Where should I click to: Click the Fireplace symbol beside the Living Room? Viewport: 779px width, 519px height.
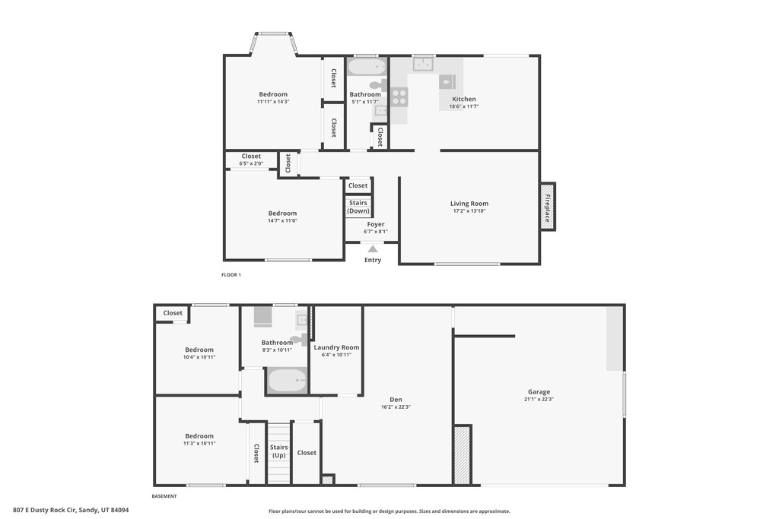pos(547,207)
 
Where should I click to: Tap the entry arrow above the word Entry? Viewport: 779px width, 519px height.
pos(373,248)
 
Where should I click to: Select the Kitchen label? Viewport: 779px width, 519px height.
pos(464,99)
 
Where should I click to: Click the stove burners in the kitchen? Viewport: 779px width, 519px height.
pos(399,97)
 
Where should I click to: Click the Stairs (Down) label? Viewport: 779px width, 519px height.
pos(358,207)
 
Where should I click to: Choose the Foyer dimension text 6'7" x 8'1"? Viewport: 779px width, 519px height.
pos(376,232)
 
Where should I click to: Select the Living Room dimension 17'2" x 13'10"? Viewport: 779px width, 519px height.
pos(469,211)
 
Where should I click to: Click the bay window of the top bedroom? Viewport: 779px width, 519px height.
pos(274,34)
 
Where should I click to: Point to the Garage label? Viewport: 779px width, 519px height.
pos(539,392)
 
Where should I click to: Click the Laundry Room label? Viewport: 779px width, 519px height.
pos(336,347)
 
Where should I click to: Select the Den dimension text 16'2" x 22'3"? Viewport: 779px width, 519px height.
pos(396,407)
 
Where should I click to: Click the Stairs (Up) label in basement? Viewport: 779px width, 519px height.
pos(278,451)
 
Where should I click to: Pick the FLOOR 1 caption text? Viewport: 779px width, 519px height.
pos(231,274)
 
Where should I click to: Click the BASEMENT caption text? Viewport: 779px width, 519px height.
pos(164,496)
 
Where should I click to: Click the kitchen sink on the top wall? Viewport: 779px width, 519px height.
pos(424,64)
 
